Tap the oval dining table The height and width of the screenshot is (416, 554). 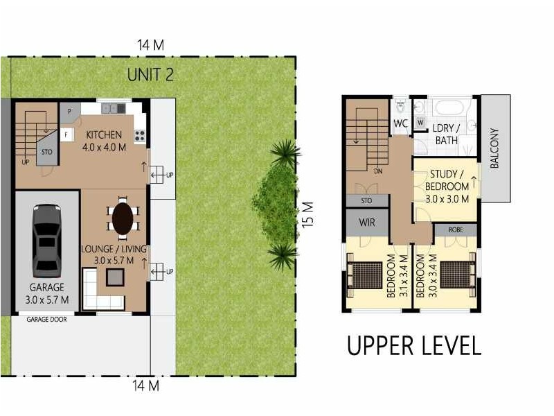pos(123,218)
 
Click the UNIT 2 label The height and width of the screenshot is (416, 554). pos(150,74)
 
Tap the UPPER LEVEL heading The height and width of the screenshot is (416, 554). pos(413,345)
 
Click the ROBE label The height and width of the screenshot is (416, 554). pos(455,229)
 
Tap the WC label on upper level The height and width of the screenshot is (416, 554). pos(400,123)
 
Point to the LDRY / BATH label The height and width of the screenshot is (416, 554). pos(447,135)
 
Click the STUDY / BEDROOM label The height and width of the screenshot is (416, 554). pos(447,186)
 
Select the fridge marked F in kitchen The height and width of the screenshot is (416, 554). pos(66,135)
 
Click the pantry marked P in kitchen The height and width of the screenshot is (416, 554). pos(69,111)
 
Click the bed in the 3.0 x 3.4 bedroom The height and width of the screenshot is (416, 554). pos(456,275)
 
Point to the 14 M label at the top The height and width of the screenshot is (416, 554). pos(150,45)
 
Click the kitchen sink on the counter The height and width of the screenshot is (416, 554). pos(111,108)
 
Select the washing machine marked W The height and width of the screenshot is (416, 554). pos(420,123)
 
